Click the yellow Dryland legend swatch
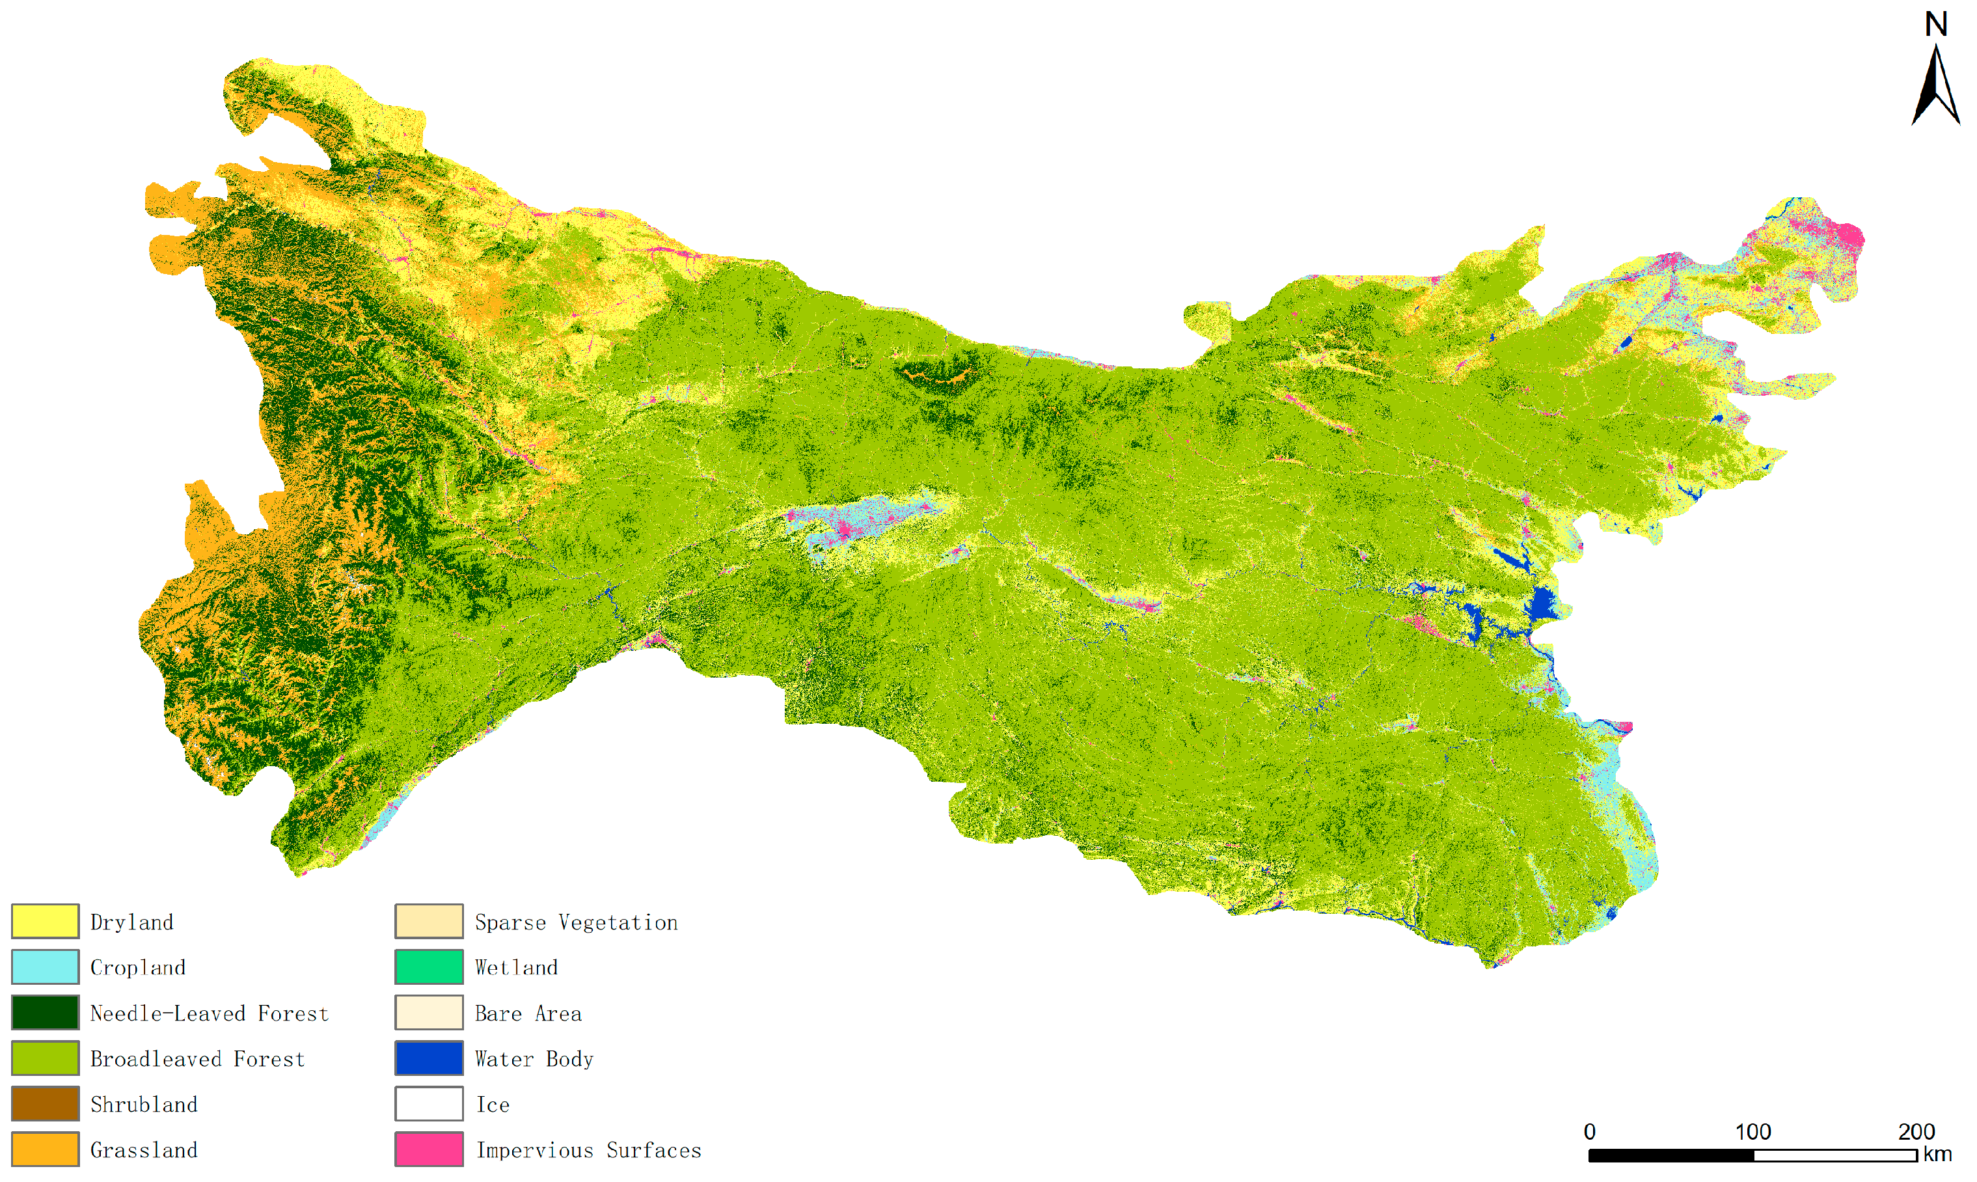pyautogui.click(x=46, y=922)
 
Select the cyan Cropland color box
pyautogui.click(x=46, y=967)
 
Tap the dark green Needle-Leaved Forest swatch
pyautogui.click(x=46, y=1012)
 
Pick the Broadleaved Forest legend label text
pyautogui.click(x=197, y=1058)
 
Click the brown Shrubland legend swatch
pyautogui.click(x=46, y=1104)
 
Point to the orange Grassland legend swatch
pyautogui.click(x=46, y=1149)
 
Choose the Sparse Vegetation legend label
pyautogui.click(x=576, y=922)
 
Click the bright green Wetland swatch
pyautogui.click(x=429, y=967)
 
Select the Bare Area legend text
pyautogui.click(x=528, y=1013)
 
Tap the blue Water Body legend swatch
pyautogui.click(x=429, y=1058)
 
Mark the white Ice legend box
pyautogui.click(x=429, y=1104)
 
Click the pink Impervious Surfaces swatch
pyautogui.click(x=429, y=1149)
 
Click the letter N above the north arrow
pyautogui.click(x=1935, y=25)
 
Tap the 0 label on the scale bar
pyautogui.click(x=1589, y=1132)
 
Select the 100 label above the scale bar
pyautogui.click(x=1752, y=1132)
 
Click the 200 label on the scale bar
pyautogui.click(x=1916, y=1132)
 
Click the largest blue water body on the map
pyautogui.click(x=1542, y=605)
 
